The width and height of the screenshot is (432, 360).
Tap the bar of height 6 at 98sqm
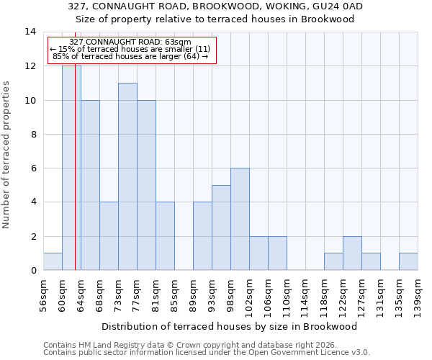tap(240, 219)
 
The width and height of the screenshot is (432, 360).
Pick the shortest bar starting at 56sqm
tap(53, 261)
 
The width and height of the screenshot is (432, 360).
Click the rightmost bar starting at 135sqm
tap(408, 261)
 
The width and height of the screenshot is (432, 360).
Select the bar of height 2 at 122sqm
tap(352, 253)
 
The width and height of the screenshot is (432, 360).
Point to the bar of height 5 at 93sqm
tap(221, 228)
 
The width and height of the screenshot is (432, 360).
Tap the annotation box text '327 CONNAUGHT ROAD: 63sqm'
tap(130, 42)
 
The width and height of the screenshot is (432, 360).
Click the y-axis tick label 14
tap(30, 32)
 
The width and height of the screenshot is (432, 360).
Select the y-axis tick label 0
tap(32, 271)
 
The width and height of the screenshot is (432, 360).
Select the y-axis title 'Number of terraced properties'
tap(7, 155)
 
